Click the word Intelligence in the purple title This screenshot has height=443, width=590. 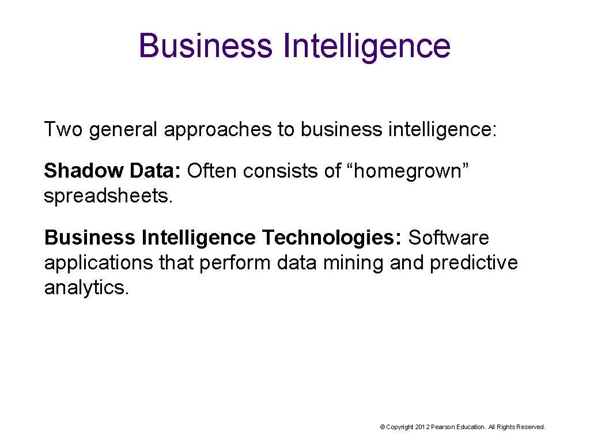click(367, 46)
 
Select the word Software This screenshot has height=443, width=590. click(449, 238)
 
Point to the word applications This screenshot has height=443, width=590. click(99, 263)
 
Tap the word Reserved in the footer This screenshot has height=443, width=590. click(531, 427)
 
